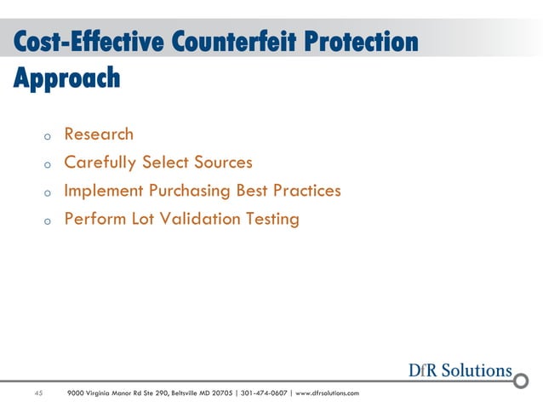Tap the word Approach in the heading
pos(66,79)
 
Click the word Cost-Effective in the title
pos(85,42)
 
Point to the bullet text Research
pos(99,134)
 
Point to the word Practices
pos(304,190)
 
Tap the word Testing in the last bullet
pos(272,219)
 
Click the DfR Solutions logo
pos(460,370)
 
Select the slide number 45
pos(38,393)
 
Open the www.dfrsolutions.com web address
pos(327,393)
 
